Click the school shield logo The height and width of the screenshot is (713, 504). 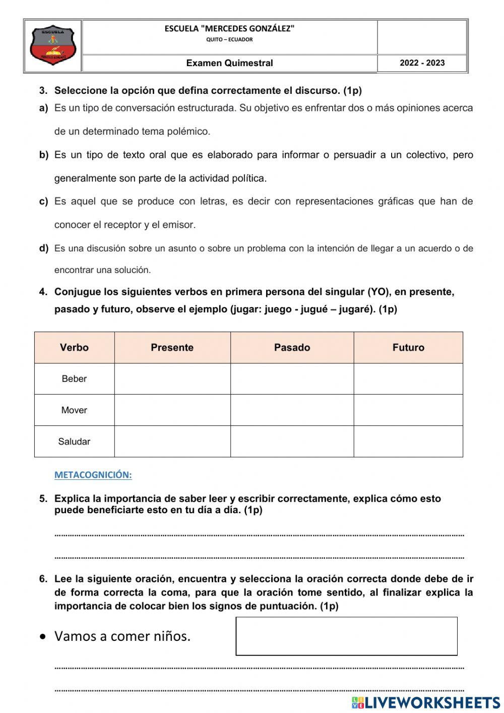[x=53, y=46]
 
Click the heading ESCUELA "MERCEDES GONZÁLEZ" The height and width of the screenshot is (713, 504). [x=229, y=29]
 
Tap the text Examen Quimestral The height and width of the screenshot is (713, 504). [x=229, y=63]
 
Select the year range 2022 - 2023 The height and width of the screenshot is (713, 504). [x=422, y=63]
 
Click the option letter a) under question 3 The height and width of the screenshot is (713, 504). [x=44, y=108]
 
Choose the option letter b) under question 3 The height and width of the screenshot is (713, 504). [x=44, y=155]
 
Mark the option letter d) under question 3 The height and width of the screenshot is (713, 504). [x=44, y=248]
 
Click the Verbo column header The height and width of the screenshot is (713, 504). [x=74, y=348]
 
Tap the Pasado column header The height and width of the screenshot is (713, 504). [x=292, y=348]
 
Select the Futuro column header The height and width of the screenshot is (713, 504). [x=408, y=348]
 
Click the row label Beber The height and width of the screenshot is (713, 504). [x=74, y=379]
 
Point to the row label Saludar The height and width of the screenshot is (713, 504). [x=74, y=442]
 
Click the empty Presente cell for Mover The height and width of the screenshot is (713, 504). [x=172, y=410]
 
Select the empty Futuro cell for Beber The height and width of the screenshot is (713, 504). [x=408, y=379]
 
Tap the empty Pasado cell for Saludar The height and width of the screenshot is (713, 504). [x=292, y=442]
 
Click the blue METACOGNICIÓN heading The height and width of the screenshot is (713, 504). [x=93, y=475]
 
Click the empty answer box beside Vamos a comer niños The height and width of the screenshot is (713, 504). [x=346, y=636]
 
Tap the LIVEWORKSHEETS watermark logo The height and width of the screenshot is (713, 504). [x=426, y=702]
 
